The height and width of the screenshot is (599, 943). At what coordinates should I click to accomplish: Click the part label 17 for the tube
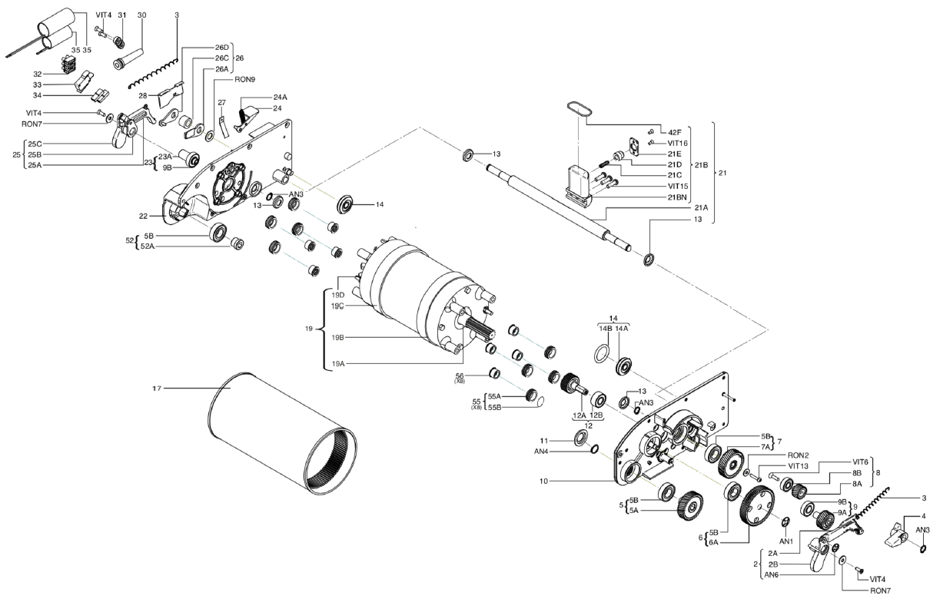coord(157,389)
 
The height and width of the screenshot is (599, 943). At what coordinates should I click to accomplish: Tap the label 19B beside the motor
coord(338,337)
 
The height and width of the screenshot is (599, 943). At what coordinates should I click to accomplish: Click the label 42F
coord(675,133)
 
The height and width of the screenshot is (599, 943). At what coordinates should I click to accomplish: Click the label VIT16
coord(677,144)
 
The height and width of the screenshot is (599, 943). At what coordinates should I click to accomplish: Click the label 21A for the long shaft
coord(702,208)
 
